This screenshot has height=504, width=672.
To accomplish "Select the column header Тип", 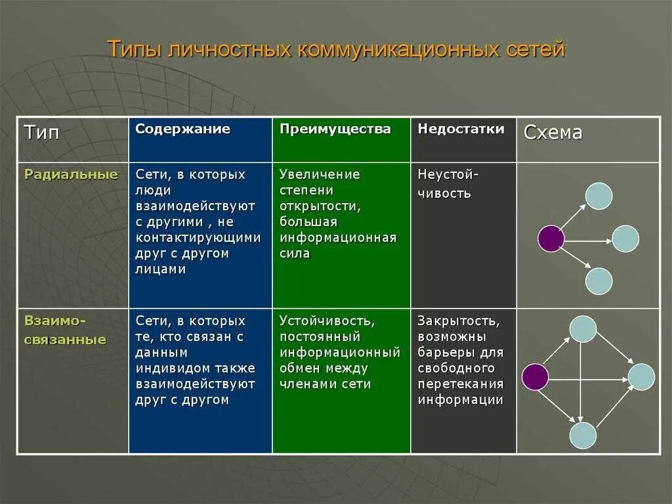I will click(x=42, y=132).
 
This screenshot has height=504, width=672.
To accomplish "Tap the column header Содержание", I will click(x=182, y=129).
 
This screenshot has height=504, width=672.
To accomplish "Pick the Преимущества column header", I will click(x=335, y=129).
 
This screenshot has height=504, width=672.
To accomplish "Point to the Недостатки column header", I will click(x=461, y=129).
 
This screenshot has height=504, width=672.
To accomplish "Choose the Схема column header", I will click(x=553, y=133).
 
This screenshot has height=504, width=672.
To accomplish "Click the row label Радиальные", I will click(x=71, y=174).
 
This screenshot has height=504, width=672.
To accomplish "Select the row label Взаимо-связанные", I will click(x=65, y=331).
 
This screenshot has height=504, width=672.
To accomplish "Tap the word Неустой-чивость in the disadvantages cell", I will click(x=448, y=184).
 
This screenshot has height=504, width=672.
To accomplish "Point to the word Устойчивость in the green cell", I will click(x=327, y=321).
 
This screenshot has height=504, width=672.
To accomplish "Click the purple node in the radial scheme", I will click(x=551, y=239).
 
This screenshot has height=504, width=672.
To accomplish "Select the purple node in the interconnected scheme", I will click(x=535, y=377).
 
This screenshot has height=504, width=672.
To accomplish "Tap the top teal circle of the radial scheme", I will click(x=598, y=196).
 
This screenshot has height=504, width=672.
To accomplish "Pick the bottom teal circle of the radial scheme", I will click(x=598, y=281).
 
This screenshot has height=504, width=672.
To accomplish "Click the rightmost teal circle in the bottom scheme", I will click(x=641, y=377).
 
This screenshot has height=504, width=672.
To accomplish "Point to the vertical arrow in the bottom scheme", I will click(x=581, y=381).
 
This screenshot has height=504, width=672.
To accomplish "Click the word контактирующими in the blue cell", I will click(x=198, y=237).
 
